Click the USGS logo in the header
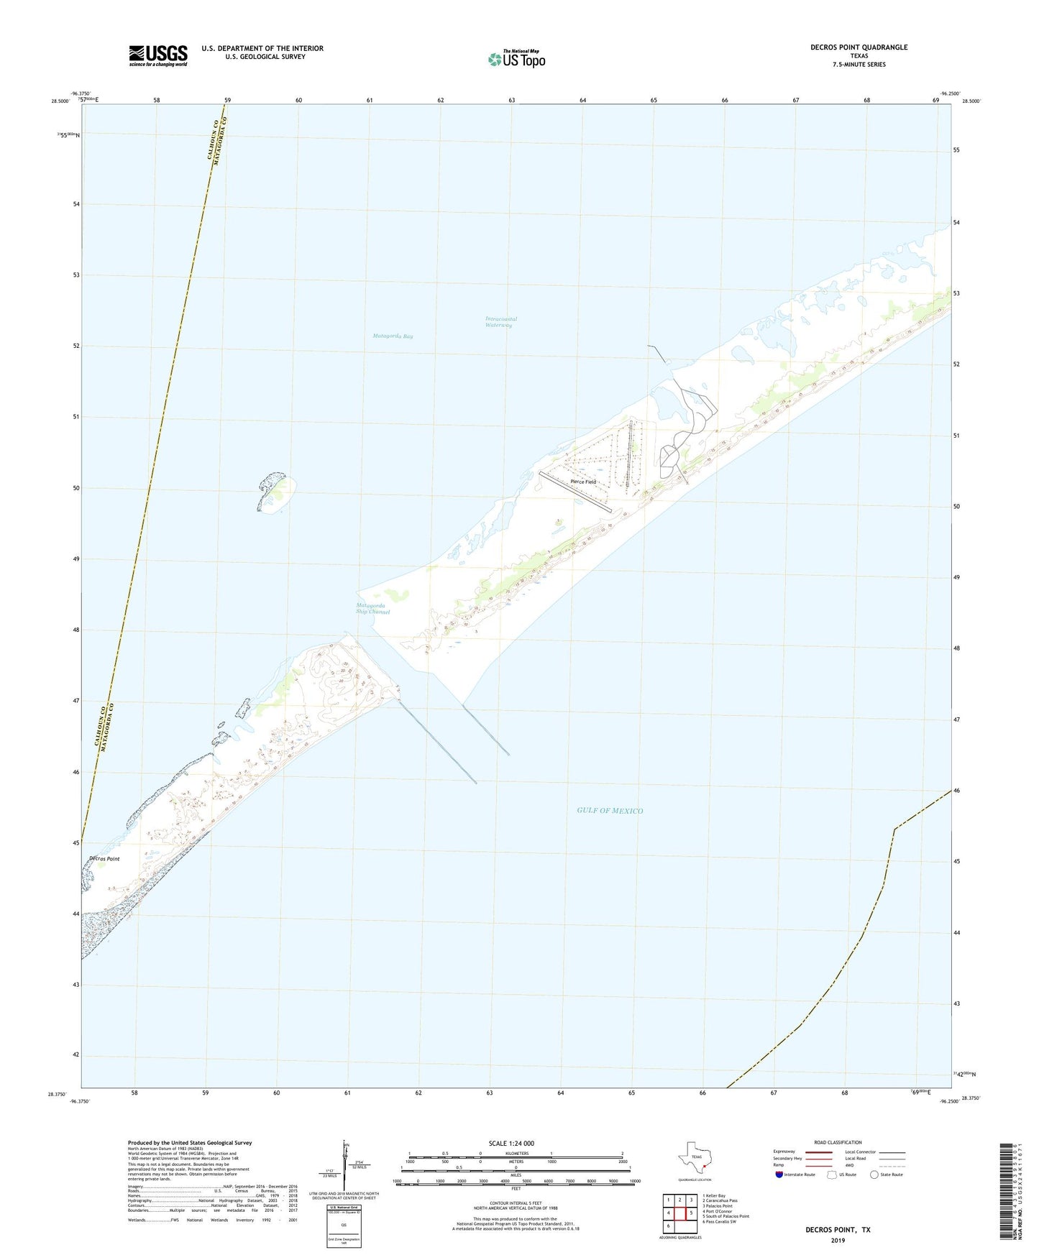click(158, 55)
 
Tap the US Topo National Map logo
click(516, 59)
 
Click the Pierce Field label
click(582, 482)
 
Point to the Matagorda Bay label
click(393, 336)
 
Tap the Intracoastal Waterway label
click(500, 322)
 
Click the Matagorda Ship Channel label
click(372, 609)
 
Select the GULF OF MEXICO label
click(610, 811)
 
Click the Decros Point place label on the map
click(104, 859)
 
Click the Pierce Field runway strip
click(575, 492)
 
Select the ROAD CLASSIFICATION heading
click(838, 1142)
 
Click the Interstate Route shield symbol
click(779, 1174)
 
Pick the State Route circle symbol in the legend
click(874, 1174)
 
